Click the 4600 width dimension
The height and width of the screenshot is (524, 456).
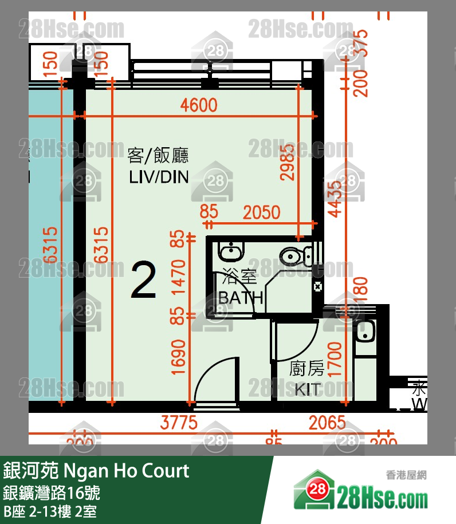pos(198,105)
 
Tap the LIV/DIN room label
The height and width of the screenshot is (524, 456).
pos(159,177)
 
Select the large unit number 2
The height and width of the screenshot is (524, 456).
pos(143,280)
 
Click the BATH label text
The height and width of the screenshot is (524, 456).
pos(241,297)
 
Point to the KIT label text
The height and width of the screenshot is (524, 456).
pos(307,390)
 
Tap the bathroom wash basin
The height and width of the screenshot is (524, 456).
pos(231,250)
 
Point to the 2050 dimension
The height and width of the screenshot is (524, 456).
pos(261,212)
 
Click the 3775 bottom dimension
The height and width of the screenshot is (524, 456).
pos(179,423)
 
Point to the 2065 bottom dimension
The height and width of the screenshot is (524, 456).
pos(327,423)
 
